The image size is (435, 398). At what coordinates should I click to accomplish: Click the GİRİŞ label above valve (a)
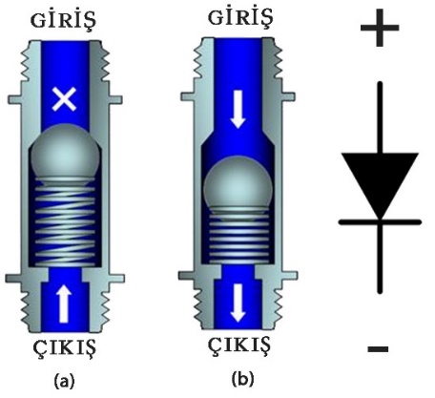[x=63, y=21]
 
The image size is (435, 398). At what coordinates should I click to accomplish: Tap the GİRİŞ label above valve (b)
[x=240, y=17]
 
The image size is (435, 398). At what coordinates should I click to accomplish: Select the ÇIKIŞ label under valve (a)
[x=65, y=347]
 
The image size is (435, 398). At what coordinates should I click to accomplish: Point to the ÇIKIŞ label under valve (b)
[x=239, y=345]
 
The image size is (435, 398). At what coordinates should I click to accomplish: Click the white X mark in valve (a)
[x=64, y=99]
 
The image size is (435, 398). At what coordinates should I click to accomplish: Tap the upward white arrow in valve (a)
[x=63, y=303]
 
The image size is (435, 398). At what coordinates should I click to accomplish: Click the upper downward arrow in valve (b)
[x=238, y=109]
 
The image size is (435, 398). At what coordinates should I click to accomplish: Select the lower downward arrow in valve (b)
[x=238, y=303]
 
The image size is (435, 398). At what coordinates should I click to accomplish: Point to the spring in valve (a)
[x=65, y=222]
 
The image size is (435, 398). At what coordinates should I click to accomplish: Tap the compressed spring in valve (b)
[x=238, y=235]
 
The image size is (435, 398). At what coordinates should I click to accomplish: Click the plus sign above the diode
[x=380, y=28]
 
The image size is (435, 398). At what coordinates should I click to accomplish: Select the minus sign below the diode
[x=378, y=349]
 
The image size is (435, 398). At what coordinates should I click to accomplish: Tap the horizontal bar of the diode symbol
[x=380, y=222]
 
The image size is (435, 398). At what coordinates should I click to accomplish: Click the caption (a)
[x=65, y=381]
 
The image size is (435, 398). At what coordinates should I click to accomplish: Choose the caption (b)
[x=243, y=379]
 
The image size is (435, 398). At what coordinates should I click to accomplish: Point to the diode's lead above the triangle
[x=380, y=117]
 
